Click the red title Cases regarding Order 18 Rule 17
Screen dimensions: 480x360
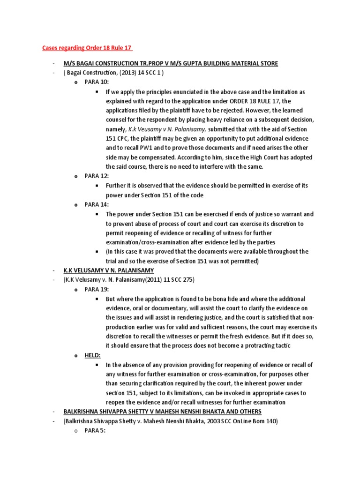pos(88,48)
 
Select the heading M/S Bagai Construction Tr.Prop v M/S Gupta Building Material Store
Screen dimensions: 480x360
pos(171,63)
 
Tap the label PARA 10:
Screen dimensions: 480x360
pos(97,82)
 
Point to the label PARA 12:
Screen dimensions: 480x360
pos(97,176)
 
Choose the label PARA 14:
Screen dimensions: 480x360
pos(97,204)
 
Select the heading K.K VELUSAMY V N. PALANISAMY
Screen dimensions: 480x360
pos(109,270)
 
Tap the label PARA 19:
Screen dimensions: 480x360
pos(97,289)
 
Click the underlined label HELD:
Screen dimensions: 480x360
pos(93,355)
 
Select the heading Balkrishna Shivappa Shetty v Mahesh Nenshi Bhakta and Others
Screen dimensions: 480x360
pos(162,412)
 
